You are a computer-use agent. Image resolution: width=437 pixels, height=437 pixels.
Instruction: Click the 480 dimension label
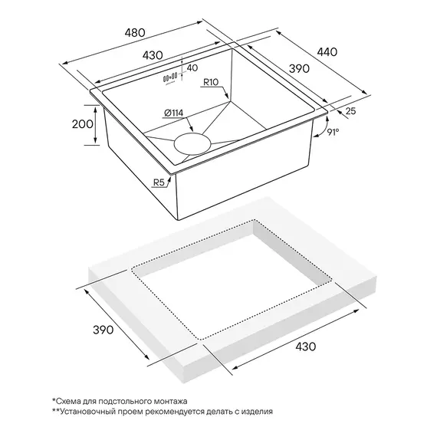coord(135,33)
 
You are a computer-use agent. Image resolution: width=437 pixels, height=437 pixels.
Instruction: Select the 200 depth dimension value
coord(83,124)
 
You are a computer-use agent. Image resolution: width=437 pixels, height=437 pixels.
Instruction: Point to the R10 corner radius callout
coord(211,82)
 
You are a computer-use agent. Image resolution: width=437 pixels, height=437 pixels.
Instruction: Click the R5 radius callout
coord(159,182)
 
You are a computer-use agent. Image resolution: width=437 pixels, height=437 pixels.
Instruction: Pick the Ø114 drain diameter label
coord(173,113)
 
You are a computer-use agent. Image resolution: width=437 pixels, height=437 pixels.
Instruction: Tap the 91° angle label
coord(333,132)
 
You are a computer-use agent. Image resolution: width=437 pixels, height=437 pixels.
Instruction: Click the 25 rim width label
coord(350,111)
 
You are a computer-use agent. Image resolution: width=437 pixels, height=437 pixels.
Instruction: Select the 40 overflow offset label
coord(192,67)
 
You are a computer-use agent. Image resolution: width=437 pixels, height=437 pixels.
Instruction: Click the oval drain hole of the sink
coord(192,144)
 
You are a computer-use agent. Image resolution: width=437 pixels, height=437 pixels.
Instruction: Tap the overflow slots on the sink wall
coord(170,77)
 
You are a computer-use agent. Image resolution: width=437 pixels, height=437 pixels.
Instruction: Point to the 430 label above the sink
coord(153,55)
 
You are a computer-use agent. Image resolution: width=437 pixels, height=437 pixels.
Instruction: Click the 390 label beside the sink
coord(299,68)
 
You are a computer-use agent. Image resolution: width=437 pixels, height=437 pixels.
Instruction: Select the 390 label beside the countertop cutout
coord(103,330)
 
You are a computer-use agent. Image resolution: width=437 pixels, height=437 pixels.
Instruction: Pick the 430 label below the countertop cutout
coord(305,347)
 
